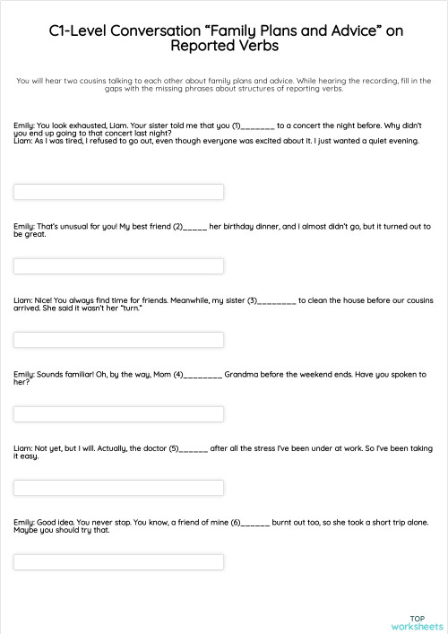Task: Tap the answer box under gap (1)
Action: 119,192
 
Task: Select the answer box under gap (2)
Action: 119,266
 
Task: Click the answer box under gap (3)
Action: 119,340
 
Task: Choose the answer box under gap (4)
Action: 119,413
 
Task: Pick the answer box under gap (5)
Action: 119,488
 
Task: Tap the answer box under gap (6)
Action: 119,561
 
